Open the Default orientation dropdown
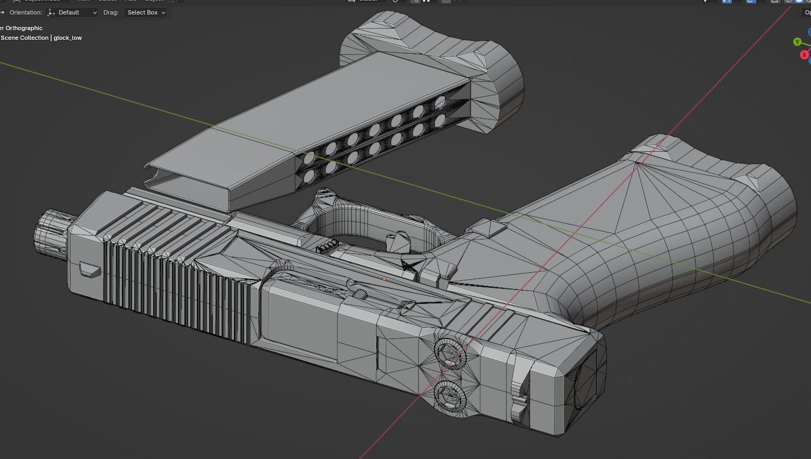[72, 12]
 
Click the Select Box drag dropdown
[146, 12]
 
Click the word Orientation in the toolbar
[25, 12]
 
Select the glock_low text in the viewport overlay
[68, 38]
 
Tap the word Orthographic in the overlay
[24, 28]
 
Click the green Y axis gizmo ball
[797, 42]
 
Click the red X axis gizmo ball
[804, 55]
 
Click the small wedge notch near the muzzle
[90, 269]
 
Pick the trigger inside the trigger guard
[399, 242]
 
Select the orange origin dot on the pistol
[384, 279]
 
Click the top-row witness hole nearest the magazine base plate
[440, 102]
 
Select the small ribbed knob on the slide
[361, 294]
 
